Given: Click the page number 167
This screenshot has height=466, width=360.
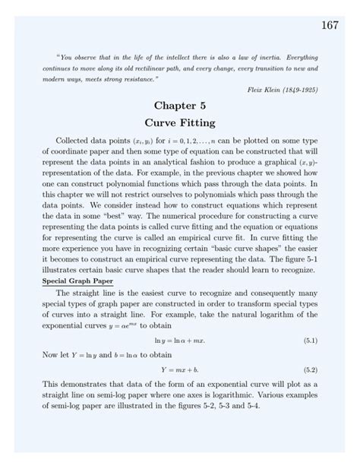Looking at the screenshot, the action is [329, 26].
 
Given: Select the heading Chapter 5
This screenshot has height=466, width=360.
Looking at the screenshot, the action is [179, 106].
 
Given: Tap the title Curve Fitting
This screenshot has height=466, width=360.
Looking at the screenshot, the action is [179, 122].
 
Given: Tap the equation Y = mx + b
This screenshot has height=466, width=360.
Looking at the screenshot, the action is [179, 369].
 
